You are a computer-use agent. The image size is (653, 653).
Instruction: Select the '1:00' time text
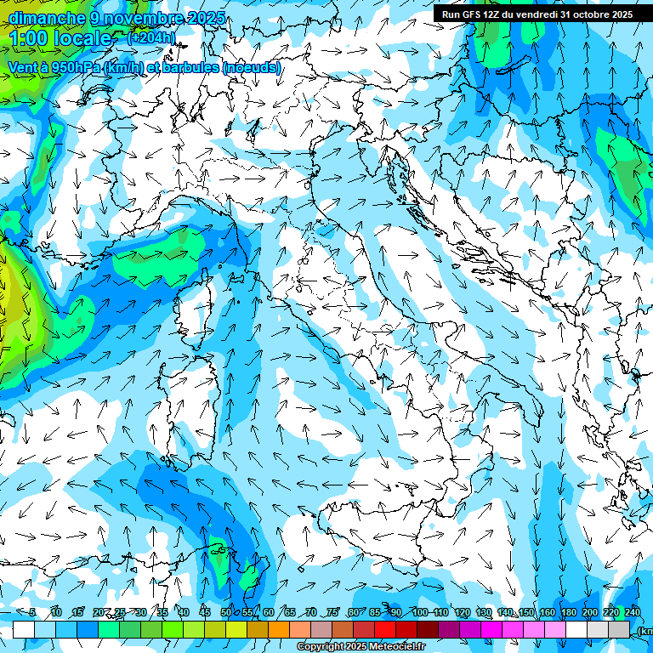(28, 38)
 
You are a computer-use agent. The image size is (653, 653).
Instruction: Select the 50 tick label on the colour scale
(226, 612)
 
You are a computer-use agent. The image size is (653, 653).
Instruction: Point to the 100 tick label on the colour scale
(420, 612)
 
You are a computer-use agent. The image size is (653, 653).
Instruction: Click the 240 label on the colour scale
(633, 612)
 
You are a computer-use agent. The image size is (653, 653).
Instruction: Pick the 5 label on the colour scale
(32, 612)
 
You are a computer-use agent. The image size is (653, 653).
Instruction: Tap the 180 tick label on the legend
(569, 612)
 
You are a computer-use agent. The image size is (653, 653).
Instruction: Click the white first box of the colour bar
(24, 629)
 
